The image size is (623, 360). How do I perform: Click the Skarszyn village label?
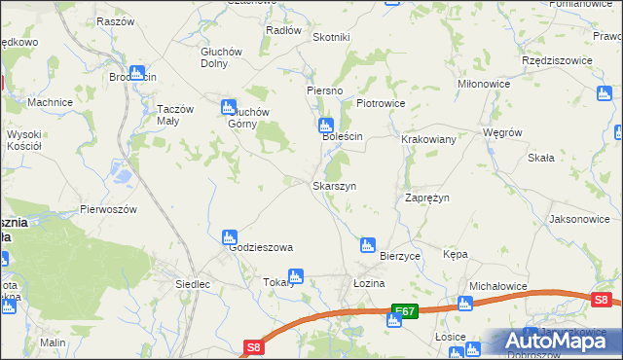[x=334, y=185]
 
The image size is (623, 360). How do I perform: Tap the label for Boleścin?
[x=343, y=137]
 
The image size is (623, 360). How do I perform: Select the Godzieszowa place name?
[x=261, y=247]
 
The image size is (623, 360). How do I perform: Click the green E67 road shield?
[x=405, y=311]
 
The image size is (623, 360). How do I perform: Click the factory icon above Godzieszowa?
[x=230, y=236]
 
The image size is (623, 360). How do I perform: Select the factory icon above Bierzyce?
[x=367, y=244]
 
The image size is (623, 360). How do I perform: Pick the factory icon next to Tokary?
[x=296, y=275]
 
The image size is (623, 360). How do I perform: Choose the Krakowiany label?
[x=429, y=139]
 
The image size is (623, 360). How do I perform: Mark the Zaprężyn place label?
[x=426, y=198]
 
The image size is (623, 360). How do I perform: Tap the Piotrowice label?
[x=380, y=102]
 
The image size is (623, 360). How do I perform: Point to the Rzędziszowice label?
[x=558, y=59]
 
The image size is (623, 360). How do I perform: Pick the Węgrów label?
[x=503, y=132]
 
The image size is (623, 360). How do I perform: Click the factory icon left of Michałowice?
[x=465, y=304]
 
